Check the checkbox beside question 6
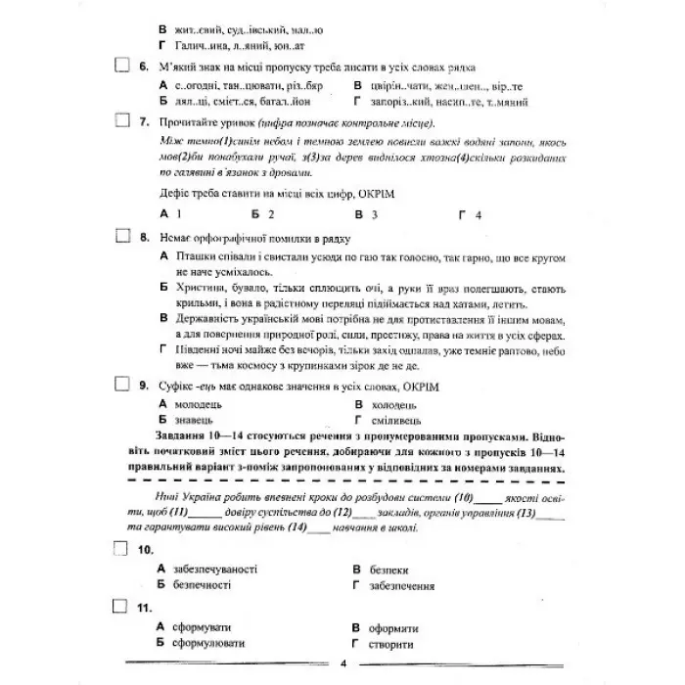122,67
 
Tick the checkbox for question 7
122,121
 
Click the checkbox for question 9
122,386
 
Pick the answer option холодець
395,403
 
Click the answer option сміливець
396,418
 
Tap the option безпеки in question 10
389,570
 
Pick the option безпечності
201,585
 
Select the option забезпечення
402,585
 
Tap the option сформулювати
207,643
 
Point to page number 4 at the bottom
343,664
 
